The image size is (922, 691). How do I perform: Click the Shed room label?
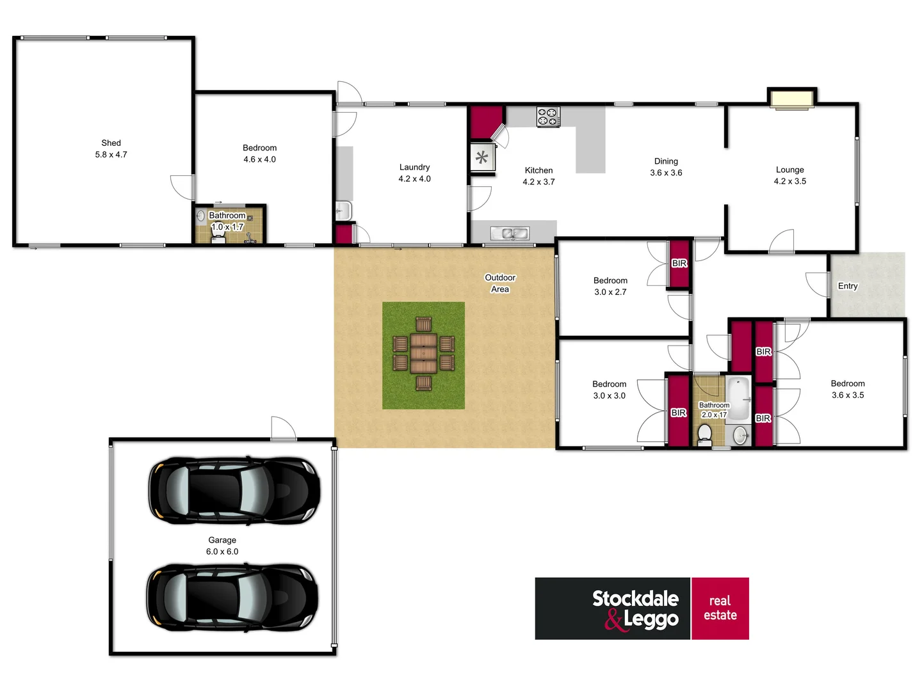point(111,148)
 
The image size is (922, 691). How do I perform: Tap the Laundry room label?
point(414,173)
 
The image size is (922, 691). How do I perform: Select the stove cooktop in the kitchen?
point(548,116)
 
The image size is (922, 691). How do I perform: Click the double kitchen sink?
point(510,234)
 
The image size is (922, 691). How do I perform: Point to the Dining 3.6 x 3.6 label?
point(666,167)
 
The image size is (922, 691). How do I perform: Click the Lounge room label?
point(789,175)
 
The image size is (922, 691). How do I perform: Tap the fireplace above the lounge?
point(792,99)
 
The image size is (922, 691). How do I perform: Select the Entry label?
point(847,286)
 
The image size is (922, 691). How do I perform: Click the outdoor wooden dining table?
point(423,353)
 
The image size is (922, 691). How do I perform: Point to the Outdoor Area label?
point(500,283)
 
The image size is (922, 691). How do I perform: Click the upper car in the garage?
point(234,491)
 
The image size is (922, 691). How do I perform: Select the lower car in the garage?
point(232,598)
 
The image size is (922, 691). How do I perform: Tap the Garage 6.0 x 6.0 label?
point(222,546)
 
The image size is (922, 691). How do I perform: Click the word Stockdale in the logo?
point(635,599)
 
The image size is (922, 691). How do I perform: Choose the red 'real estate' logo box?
point(720,608)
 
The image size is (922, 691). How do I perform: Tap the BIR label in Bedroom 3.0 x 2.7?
point(679,263)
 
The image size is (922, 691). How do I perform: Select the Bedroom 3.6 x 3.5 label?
point(848,389)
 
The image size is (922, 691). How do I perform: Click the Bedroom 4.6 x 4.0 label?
point(259,154)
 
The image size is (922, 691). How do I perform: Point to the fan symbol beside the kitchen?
point(482,157)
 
